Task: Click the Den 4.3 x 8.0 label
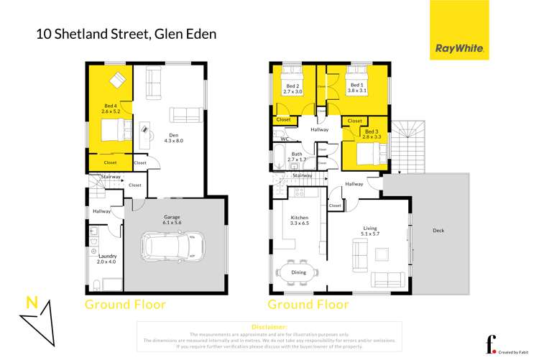tap(173, 137)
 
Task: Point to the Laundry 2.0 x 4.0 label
tap(101, 258)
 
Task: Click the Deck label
tap(438, 231)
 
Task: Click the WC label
tap(285, 139)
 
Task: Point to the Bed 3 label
tap(371, 134)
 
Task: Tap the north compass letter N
tap(31, 303)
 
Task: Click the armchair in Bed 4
tap(117, 78)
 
